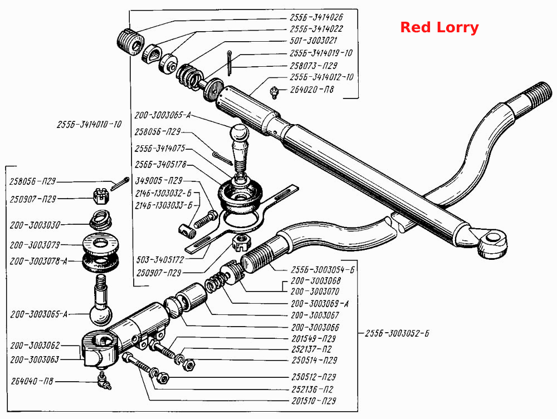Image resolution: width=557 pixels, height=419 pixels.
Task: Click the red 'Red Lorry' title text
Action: [439, 27]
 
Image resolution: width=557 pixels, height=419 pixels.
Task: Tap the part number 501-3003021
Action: [313, 41]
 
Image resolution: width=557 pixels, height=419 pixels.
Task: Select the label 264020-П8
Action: [312, 90]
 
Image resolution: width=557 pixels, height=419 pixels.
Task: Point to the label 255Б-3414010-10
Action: [89, 125]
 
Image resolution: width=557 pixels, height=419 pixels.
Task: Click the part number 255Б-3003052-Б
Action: [397, 333]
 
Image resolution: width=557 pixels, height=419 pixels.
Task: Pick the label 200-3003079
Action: [35, 245]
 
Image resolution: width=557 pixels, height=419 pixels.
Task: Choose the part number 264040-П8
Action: [32, 381]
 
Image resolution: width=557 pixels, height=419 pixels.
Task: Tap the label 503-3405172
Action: [160, 260]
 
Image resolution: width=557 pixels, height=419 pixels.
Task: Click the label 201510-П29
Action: [314, 401]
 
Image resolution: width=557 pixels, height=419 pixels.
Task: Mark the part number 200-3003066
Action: [315, 327]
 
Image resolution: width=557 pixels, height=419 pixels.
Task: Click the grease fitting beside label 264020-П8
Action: [274, 92]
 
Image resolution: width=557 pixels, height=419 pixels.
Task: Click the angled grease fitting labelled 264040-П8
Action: [105, 381]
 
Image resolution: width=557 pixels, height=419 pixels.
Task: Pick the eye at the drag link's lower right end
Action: [492, 243]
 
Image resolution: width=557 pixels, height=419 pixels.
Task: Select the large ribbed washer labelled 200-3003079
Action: [100, 243]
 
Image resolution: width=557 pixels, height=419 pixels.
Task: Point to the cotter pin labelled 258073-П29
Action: [229, 63]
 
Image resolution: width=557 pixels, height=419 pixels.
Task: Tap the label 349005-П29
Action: [159, 181]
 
